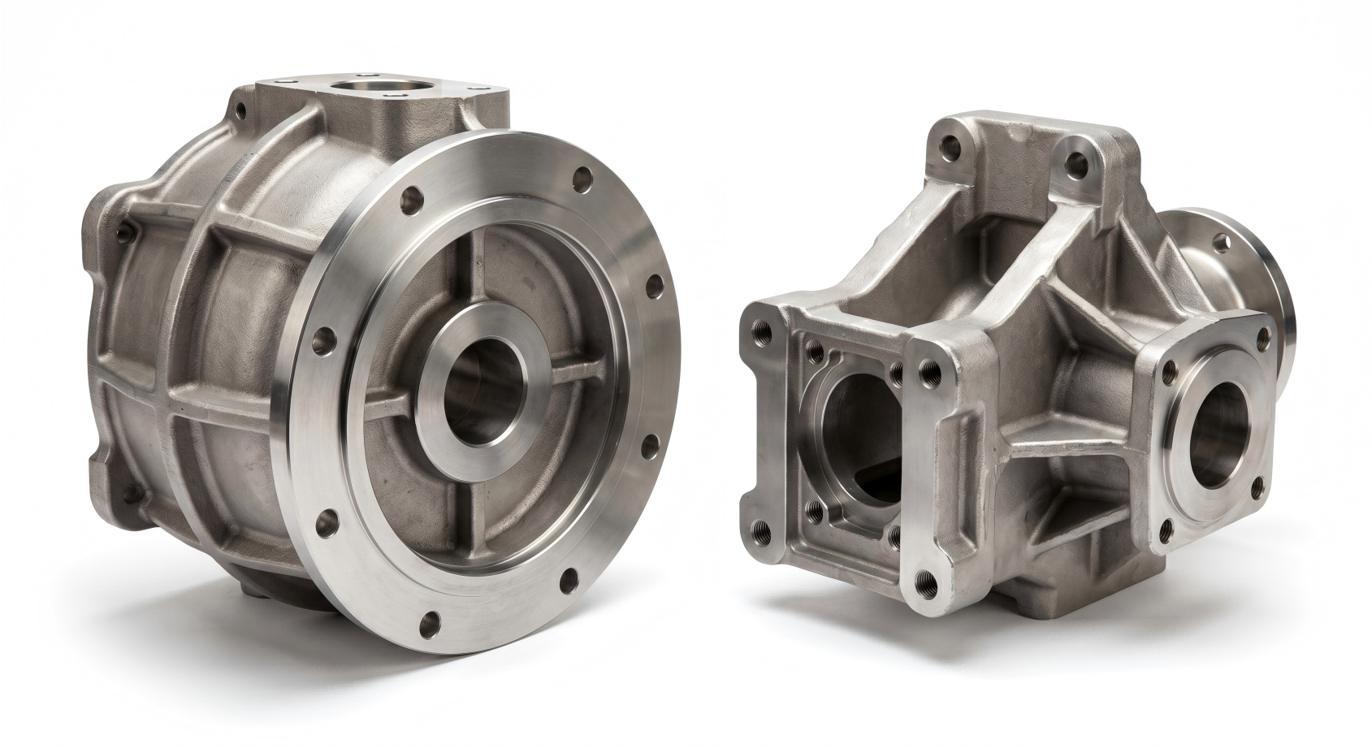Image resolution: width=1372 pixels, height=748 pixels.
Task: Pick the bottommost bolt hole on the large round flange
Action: pyautogui.click(x=431, y=623)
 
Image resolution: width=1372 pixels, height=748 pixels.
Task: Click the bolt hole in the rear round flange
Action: pyautogui.click(x=1221, y=240)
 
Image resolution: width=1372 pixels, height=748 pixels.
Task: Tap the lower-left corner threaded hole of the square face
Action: pyautogui.click(x=761, y=531)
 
